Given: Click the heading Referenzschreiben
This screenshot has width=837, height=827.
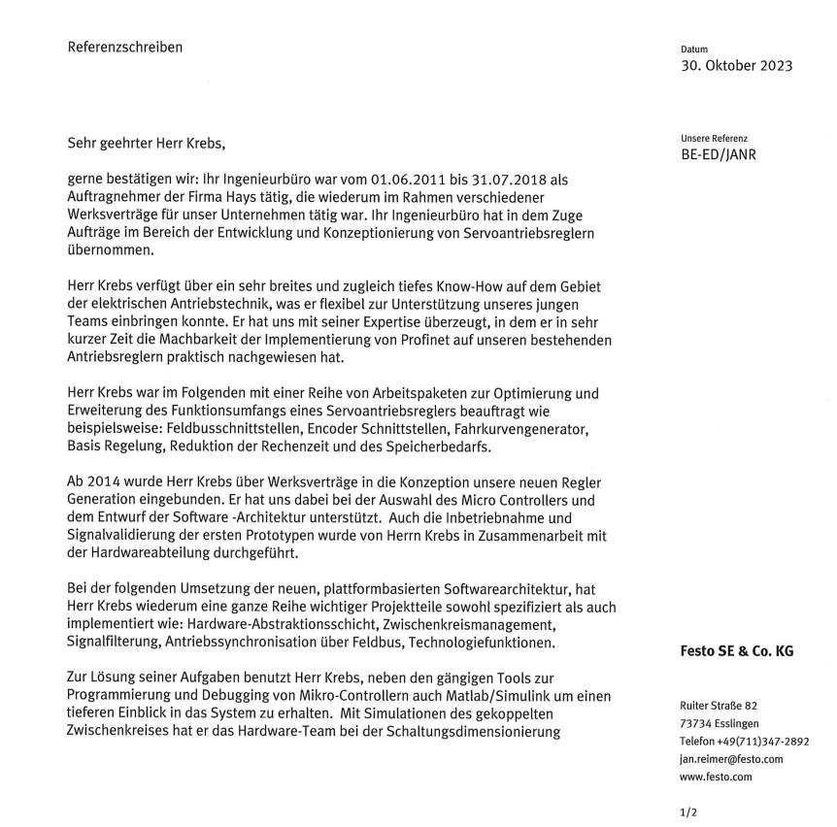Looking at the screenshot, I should (125, 47).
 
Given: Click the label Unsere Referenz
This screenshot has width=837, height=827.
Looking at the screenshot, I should (714, 138).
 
